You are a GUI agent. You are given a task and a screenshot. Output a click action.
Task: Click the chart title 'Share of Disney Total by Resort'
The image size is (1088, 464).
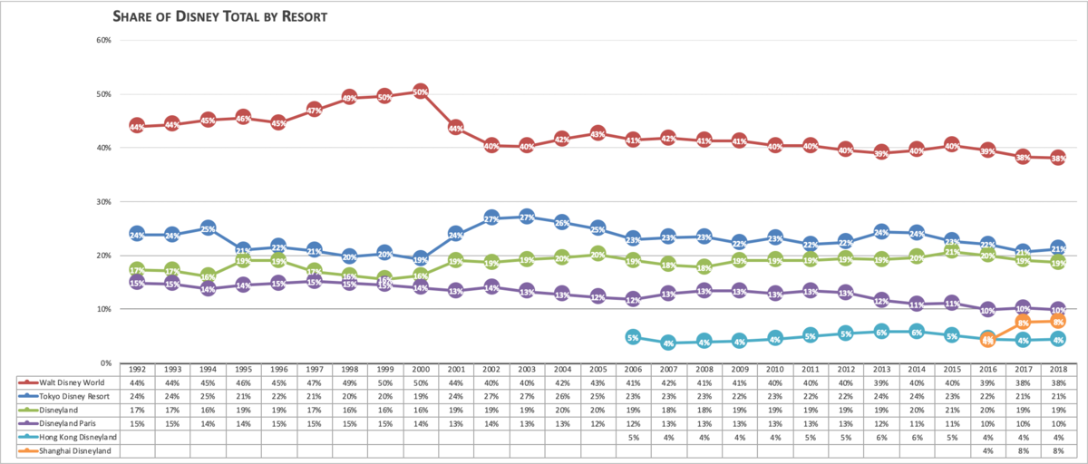coord(219,16)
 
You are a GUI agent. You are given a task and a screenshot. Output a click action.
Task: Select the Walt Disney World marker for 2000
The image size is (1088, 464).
coord(421,92)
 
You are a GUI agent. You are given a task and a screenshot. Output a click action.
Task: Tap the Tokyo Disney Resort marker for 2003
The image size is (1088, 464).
coord(527,217)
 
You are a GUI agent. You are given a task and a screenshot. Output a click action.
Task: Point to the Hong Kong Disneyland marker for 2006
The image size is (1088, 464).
coord(633,337)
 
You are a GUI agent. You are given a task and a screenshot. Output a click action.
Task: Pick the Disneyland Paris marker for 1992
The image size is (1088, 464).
coord(138,283)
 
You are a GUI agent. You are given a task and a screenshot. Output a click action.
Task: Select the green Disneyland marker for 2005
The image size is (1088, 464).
coord(597,255)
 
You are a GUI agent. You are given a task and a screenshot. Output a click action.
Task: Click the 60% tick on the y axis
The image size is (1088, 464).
coord(102,41)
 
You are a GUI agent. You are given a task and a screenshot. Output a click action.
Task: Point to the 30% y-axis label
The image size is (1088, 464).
coord(102,201)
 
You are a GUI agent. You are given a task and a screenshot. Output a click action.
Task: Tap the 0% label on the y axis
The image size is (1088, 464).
coord(105,362)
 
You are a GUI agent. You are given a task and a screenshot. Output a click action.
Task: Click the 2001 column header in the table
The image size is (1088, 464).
coord(456,370)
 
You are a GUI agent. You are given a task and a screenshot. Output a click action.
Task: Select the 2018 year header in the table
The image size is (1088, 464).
coord(1057,370)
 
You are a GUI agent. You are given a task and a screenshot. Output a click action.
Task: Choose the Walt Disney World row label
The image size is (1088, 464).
coord(63,382)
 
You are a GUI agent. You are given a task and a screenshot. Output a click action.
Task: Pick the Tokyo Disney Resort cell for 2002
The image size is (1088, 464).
coord(491,396)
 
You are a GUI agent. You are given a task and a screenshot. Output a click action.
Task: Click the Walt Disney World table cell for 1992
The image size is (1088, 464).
coord(138,382)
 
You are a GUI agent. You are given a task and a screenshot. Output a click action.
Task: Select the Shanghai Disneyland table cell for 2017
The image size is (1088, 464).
coord(1022,451)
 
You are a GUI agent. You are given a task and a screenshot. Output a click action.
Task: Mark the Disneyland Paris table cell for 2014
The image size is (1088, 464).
coord(916,424)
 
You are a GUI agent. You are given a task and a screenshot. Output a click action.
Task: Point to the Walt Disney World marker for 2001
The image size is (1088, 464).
coord(456,129)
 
